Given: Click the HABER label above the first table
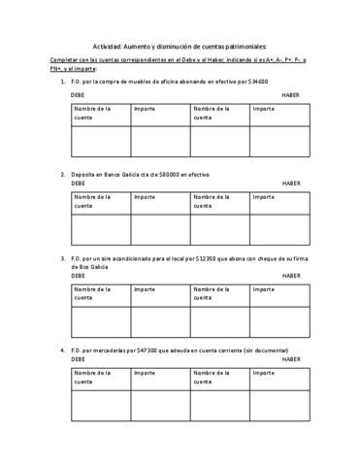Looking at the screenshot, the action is (x=291, y=95).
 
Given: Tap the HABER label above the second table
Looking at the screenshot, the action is (x=291, y=183).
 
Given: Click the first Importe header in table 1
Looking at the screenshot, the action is (x=145, y=109).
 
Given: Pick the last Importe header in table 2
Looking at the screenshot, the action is (x=263, y=196).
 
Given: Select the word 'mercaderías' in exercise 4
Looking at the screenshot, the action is (x=121, y=349).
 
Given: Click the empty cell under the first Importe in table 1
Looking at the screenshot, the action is (x=160, y=140).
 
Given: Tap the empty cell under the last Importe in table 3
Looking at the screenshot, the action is (x=279, y=320).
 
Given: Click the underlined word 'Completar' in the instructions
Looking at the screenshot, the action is (x=66, y=60).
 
